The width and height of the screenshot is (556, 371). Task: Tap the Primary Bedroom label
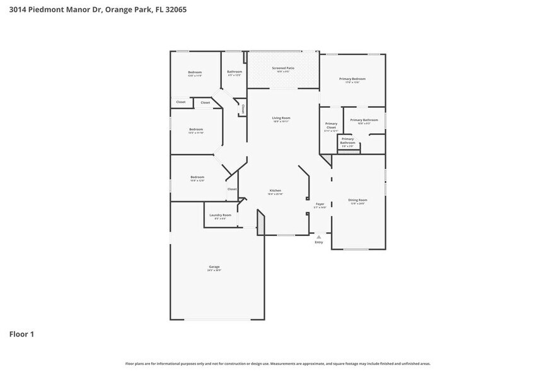352,79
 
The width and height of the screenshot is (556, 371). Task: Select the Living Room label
281,118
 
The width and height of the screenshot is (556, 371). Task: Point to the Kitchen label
275,191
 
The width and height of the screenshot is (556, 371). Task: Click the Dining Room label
357,200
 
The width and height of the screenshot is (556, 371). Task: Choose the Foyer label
320,204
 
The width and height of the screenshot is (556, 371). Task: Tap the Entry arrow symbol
318,237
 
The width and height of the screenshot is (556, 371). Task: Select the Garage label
214,267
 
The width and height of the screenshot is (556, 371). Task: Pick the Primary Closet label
331,126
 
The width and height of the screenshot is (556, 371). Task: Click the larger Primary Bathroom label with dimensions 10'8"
364,120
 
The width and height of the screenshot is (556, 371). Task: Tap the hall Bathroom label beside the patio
235,72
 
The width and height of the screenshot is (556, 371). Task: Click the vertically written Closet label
243,109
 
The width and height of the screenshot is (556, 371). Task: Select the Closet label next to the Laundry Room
232,189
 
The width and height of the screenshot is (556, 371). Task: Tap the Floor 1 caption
21,334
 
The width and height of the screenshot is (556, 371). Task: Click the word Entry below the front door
318,242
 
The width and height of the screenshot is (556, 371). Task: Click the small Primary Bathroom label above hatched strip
347,141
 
